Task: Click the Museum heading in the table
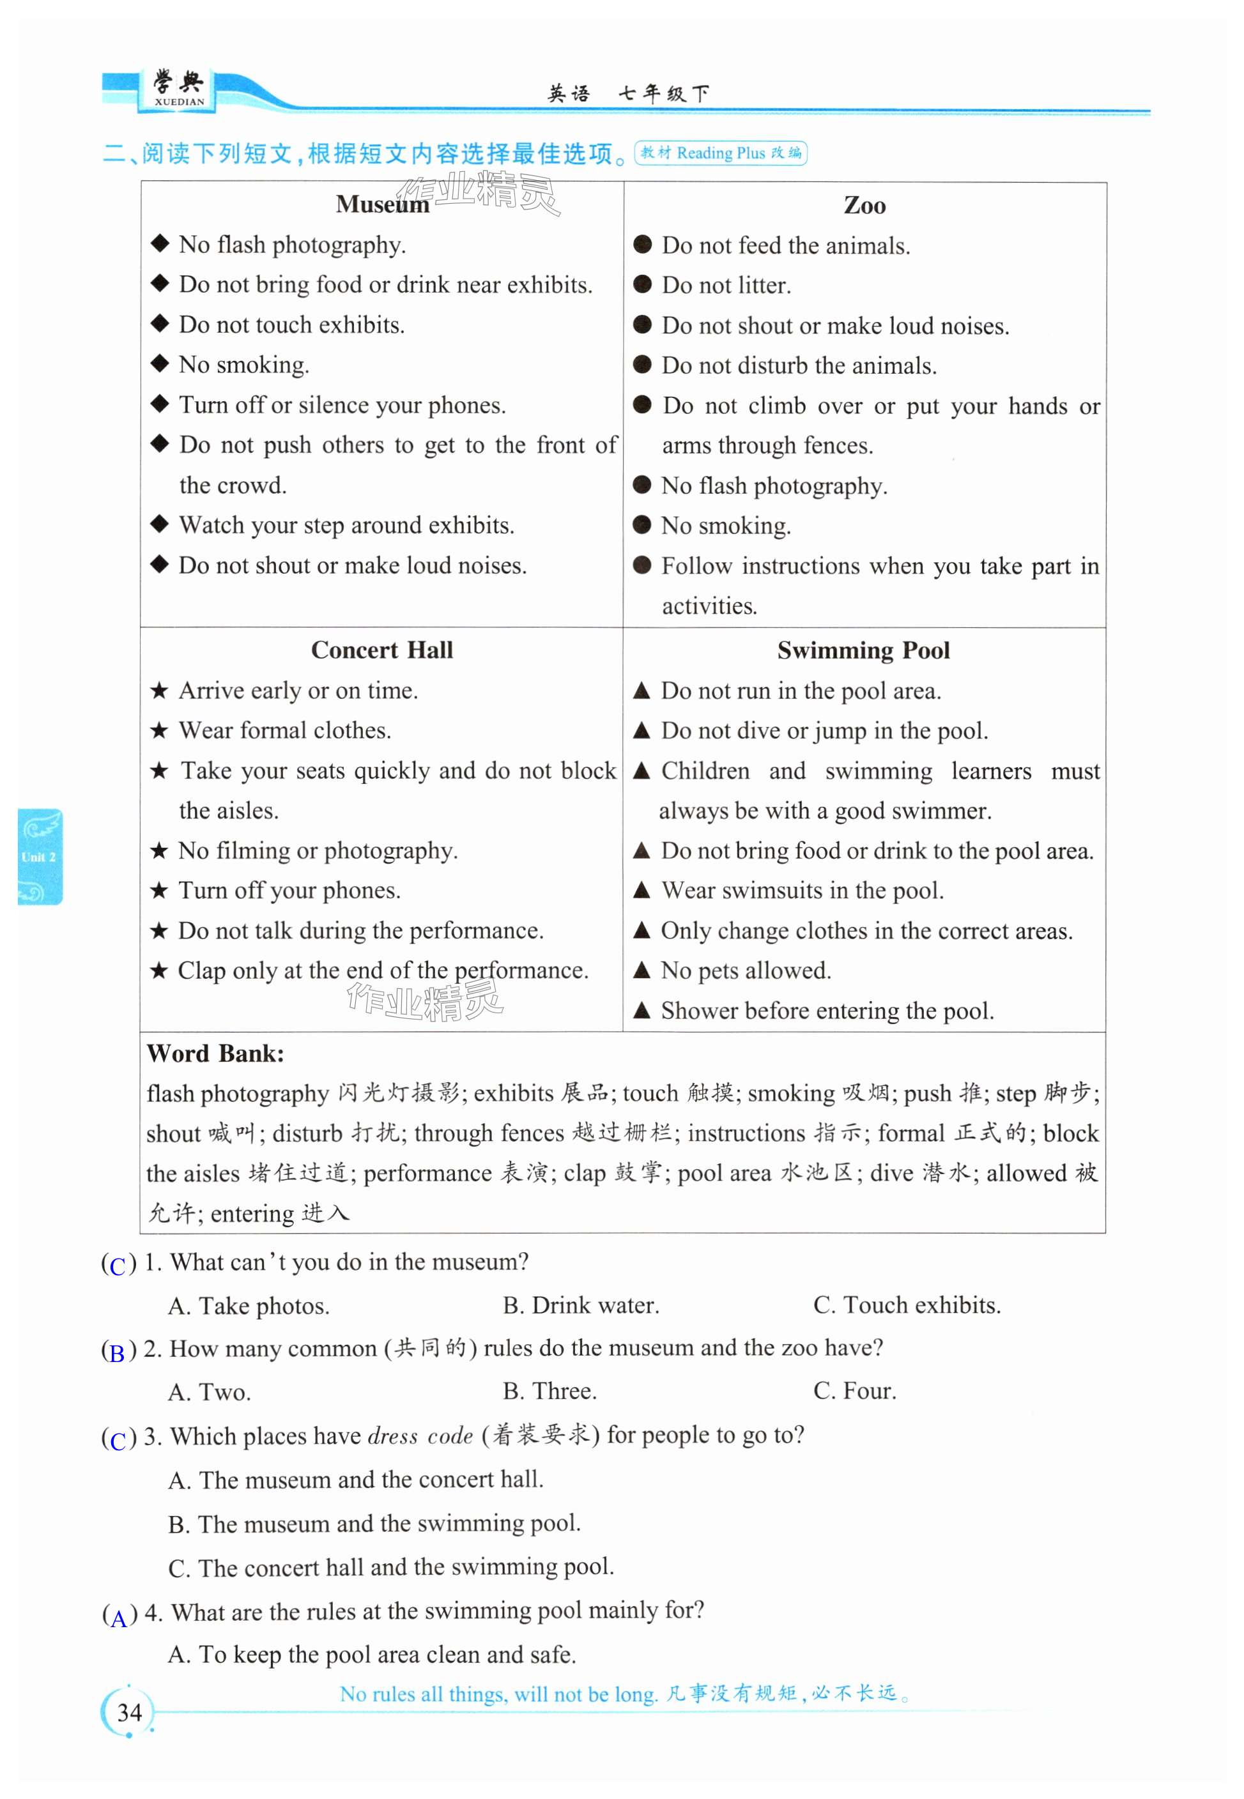(382, 204)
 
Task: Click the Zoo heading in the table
(864, 206)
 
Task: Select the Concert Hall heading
(382, 650)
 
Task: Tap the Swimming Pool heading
(864, 650)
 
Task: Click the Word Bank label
(215, 1053)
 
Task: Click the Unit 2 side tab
(40, 857)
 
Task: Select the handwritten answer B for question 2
(118, 1352)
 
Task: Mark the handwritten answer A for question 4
(118, 1618)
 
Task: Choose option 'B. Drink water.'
(581, 1306)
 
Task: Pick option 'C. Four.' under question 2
(854, 1391)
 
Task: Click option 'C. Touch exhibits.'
(907, 1306)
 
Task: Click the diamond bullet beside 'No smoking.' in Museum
(160, 363)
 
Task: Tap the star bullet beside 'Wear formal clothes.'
(159, 731)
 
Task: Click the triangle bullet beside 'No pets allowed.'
(641, 970)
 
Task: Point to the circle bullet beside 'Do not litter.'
(642, 284)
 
